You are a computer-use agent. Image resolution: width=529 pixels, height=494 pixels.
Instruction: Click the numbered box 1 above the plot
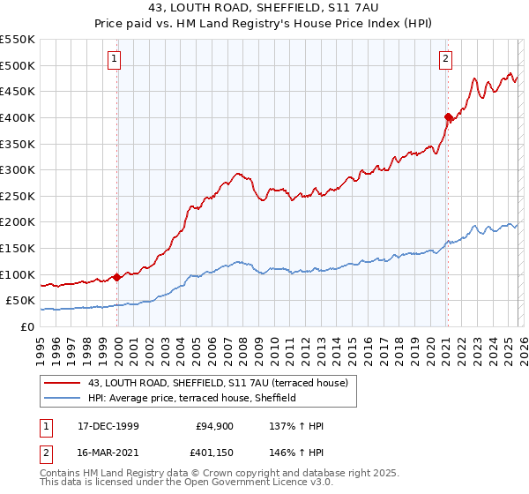coord(115,59)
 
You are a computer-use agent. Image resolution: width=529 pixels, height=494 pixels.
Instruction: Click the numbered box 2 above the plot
coord(446,59)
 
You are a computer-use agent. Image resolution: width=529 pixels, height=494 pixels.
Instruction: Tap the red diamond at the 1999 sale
coord(117,277)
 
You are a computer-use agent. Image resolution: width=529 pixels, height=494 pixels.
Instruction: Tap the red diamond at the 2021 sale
coord(448,116)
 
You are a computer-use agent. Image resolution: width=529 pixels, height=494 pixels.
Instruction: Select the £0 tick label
coord(26,326)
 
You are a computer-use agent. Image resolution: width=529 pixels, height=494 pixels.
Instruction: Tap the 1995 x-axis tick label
coord(41,345)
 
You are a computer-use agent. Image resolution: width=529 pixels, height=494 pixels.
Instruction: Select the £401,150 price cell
coord(213,452)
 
